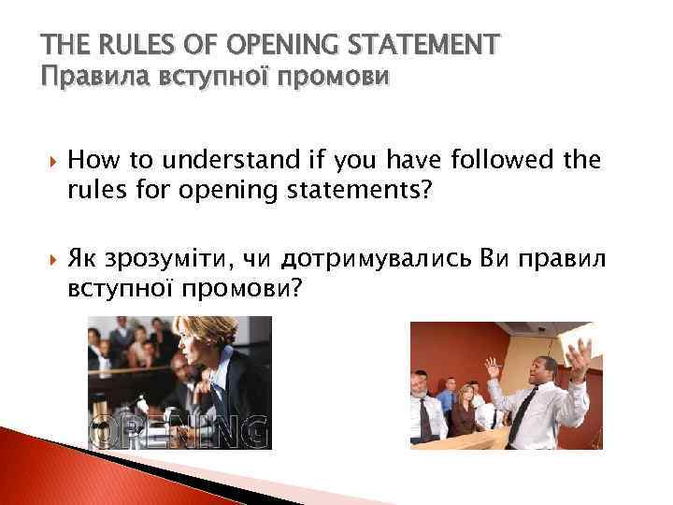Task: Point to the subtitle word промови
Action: click(x=331, y=76)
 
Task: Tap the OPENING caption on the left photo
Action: click(x=179, y=432)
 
